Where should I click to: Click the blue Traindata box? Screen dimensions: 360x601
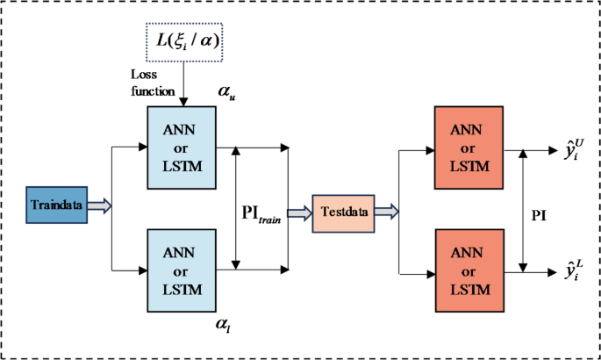pos(55,205)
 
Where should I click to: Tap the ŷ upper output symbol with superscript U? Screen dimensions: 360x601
pos(561,148)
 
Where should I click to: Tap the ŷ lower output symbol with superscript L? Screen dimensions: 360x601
pos(561,269)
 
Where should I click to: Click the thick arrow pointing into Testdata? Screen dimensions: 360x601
pos(299,212)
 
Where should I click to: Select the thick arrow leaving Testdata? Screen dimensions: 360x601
pos(387,212)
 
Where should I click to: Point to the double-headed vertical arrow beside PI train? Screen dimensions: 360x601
pos(236,206)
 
